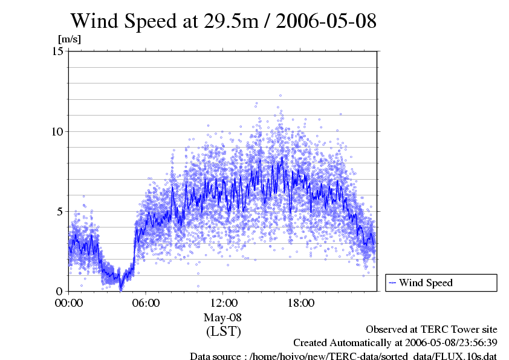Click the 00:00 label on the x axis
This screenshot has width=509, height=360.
pyautogui.click(x=69, y=303)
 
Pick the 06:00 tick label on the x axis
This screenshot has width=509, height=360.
pyautogui.click(x=146, y=303)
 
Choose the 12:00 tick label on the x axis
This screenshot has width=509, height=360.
pyautogui.click(x=223, y=303)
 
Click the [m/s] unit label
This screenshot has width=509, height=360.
pyautogui.click(x=69, y=39)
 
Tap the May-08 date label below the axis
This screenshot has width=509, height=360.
pyautogui.click(x=223, y=318)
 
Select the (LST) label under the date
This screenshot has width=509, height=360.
pyautogui.click(x=223, y=332)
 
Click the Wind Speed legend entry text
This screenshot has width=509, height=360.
pyautogui.click(x=426, y=283)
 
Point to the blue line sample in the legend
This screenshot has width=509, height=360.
pyautogui.click(x=392, y=283)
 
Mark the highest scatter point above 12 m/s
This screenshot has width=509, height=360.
pyautogui.click(x=280, y=95)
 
